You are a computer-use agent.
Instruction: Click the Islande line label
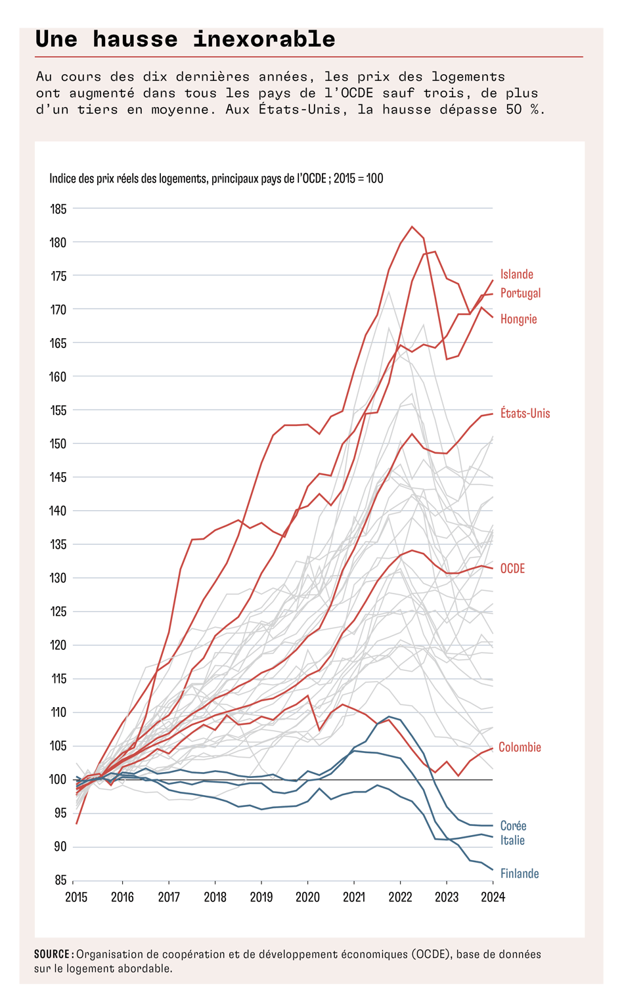coord(516,274)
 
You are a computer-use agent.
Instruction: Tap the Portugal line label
coord(520,293)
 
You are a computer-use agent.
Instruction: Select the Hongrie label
coord(518,319)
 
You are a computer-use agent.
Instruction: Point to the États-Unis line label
coord(525,414)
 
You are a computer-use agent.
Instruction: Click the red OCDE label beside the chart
coord(512,569)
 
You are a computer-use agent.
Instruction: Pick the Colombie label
coord(520,747)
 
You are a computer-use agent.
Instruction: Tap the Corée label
coord(513,826)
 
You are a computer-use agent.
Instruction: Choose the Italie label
coord(512,840)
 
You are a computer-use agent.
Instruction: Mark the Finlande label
coord(519,874)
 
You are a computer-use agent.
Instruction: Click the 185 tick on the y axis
coord(58,209)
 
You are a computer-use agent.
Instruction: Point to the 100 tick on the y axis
coord(58,780)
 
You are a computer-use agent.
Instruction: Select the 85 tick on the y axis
coord(60,880)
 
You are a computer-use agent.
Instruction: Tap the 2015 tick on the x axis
coord(76,897)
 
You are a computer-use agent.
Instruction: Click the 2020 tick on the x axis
coord(307,897)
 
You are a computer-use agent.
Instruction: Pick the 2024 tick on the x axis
coord(493,897)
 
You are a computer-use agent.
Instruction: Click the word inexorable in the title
coord(264,39)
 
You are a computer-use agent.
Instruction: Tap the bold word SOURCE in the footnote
coord(53,955)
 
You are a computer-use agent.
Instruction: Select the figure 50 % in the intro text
coord(525,110)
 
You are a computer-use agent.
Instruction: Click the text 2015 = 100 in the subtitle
coord(358,179)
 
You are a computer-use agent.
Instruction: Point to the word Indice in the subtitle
coord(62,179)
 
